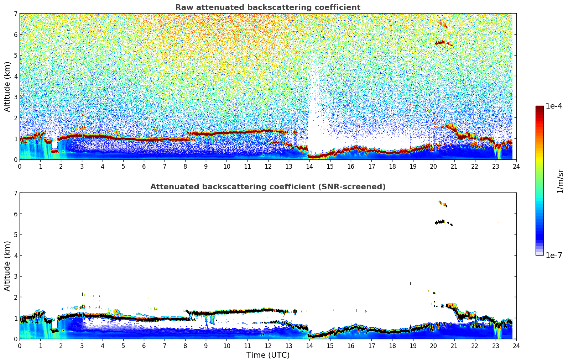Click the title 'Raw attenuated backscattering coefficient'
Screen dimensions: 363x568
(x=267, y=7)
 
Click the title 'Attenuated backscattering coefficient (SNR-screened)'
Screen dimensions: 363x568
(x=267, y=187)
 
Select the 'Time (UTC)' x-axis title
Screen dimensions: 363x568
(x=268, y=355)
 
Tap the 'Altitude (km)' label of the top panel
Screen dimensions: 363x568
(x=7, y=86)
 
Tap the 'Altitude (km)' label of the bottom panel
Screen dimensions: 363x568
(x=7, y=266)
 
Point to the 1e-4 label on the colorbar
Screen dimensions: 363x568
(x=554, y=106)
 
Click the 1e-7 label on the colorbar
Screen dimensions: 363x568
(x=554, y=255)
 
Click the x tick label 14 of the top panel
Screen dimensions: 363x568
(x=309, y=167)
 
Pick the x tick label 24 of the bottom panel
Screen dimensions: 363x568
(x=516, y=346)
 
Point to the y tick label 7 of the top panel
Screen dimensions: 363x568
(x=15, y=14)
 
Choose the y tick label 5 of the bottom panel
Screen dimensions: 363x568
(x=15, y=235)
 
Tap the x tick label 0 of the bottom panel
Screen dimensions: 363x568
(x=20, y=346)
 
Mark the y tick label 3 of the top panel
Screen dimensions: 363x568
(x=15, y=97)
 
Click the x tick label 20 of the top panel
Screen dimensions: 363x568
(x=433, y=167)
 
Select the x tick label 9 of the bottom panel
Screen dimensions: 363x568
(x=206, y=346)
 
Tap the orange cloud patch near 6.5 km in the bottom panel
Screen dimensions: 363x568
(x=443, y=204)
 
